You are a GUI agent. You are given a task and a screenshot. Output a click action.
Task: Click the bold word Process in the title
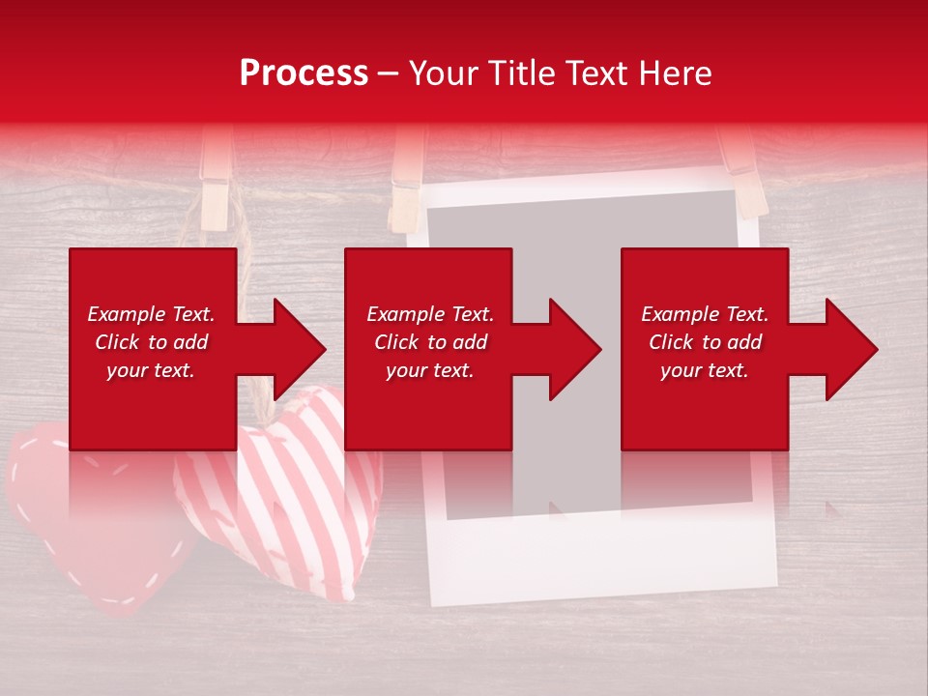(304, 72)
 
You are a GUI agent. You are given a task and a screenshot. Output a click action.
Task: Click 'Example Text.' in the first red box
(151, 314)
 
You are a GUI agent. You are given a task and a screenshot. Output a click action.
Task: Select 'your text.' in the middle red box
(429, 370)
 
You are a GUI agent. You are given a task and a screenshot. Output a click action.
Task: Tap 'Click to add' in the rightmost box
(705, 342)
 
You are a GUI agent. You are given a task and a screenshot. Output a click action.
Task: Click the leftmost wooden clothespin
(215, 179)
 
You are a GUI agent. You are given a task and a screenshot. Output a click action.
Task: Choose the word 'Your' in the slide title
(442, 72)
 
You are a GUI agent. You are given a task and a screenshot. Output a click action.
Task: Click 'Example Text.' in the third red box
(705, 314)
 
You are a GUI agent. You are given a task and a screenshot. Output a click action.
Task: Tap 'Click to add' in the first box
(151, 342)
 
